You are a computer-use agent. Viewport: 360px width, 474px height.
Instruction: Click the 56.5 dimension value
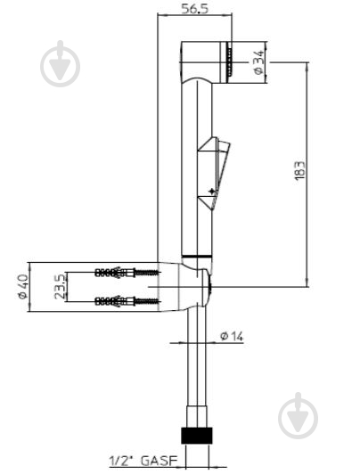(195, 9)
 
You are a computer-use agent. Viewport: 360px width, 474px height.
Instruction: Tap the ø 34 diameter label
(258, 62)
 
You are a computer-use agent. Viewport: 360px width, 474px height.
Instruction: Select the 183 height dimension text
(299, 171)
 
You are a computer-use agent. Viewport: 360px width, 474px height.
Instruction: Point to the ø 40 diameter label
(23, 287)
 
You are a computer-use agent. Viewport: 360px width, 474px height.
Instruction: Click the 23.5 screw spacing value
(59, 287)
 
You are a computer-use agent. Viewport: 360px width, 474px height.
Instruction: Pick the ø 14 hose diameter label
(232, 336)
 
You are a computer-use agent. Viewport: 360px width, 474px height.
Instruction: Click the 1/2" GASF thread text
(143, 461)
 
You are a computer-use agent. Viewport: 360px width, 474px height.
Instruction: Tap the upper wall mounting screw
(127, 273)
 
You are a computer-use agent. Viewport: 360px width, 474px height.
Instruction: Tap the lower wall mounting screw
(127, 301)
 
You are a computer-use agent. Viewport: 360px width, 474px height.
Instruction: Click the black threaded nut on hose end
(196, 436)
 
